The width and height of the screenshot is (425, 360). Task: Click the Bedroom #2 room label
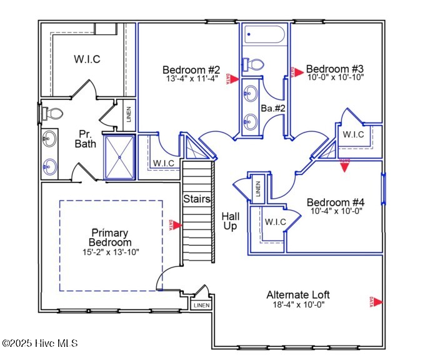point(191,69)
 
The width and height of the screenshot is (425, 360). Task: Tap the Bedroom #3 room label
point(334,69)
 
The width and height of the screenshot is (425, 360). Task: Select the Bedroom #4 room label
point(336,202)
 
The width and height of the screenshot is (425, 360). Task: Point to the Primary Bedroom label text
point(110,237)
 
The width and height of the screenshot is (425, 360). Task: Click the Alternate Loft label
point(298,295)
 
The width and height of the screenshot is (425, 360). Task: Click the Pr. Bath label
point(86,139)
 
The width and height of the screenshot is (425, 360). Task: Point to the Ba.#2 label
point(272,108)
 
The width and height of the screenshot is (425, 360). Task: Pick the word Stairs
point(196,199)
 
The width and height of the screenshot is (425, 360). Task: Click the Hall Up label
point(231,221)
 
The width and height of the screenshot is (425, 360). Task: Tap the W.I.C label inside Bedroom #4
point(275,222)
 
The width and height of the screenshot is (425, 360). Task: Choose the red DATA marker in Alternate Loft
point(374,302)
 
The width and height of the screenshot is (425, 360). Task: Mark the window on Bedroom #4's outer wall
point(383,189)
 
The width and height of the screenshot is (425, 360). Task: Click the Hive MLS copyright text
point(39,343)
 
